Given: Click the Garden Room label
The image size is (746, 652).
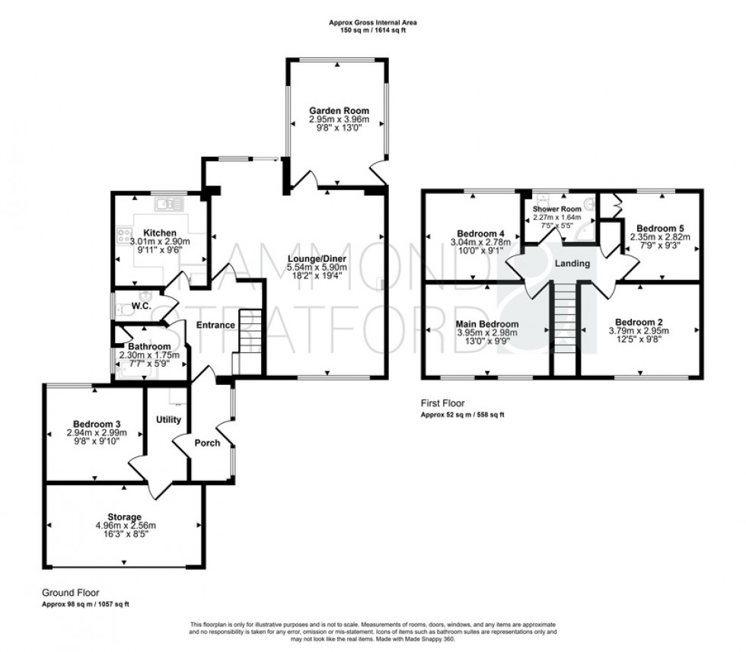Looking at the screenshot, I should (339, 110).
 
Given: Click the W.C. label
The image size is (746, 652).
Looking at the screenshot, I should (141, 307).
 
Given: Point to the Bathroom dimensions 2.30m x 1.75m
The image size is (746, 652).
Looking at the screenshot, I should (149, 355).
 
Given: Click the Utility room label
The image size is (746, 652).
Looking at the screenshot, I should (167, 419).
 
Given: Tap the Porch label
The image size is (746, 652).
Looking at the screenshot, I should (208, 443).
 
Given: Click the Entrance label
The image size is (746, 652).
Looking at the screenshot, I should (215, 326).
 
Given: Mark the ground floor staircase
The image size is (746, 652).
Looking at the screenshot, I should (250, 342).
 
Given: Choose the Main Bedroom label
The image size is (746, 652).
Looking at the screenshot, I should (487, 323).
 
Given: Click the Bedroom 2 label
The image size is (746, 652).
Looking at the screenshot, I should (638, 321).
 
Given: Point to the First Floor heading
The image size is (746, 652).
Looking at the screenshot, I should (442, 403).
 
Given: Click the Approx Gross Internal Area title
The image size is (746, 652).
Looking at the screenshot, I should (372, 23).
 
